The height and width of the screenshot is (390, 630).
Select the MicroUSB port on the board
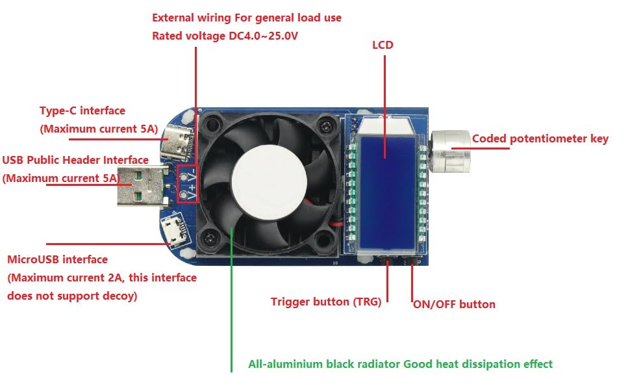tap(174, 229)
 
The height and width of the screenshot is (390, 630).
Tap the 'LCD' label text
tap(383, 45)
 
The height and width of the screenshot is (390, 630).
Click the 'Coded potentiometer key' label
tap(540, 138)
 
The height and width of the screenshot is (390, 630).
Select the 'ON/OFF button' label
tap(454, 304)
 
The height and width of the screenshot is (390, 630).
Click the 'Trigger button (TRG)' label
tap(330, 302)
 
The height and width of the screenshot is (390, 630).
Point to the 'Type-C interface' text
tap(82, 111)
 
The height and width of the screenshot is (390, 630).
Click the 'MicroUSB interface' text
tap(57, 259)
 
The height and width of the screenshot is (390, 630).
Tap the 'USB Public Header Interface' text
tap(75, 160)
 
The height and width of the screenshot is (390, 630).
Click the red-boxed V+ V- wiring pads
tap(187, 183)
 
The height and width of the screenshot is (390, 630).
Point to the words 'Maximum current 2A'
tap(60, 278)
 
